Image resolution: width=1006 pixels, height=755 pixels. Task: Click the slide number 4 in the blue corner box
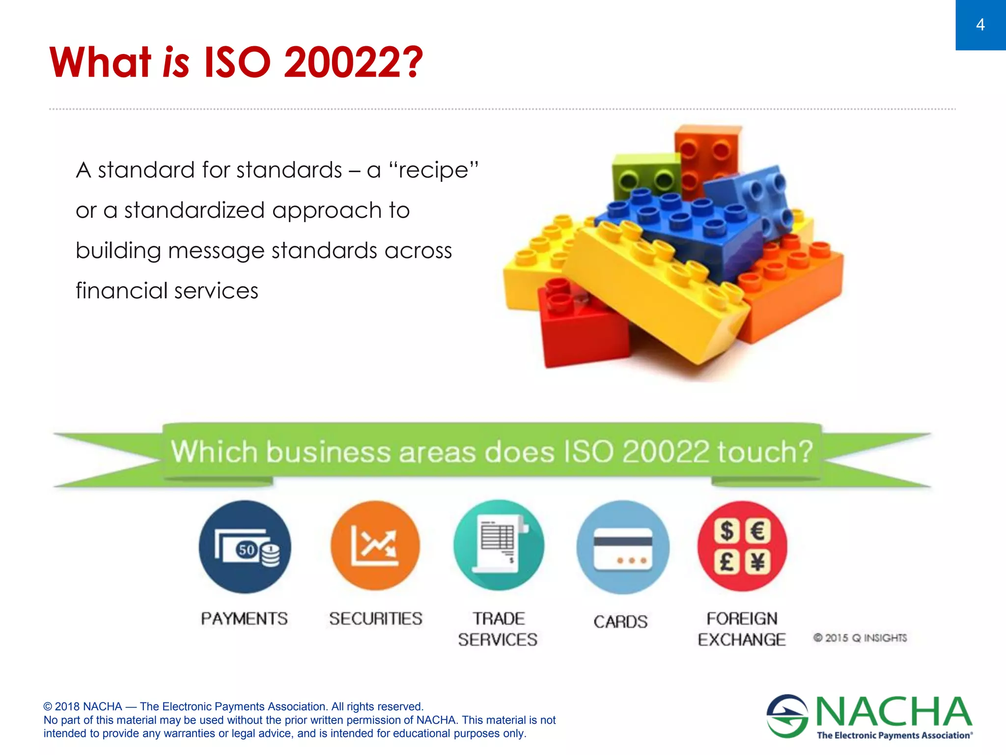tap(980, 25)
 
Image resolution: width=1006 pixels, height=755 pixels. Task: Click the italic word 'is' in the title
tap(176, 62)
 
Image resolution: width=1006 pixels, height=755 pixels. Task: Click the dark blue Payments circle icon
tap(245, 547)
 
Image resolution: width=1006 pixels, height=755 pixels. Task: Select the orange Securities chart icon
tap(375, 546)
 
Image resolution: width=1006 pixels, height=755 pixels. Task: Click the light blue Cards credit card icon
tap(622, 547)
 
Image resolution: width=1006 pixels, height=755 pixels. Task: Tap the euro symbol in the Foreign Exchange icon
tap(758, 531)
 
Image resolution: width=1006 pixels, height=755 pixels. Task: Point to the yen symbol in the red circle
tap(758, 562)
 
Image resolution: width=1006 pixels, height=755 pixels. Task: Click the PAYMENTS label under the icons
tap(244, 618)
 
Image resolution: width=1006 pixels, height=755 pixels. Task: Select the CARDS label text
tap(620, 622)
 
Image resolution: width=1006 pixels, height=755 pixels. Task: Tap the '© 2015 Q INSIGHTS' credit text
tap(860, 638)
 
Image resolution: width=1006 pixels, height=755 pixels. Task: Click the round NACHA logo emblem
tap(787, 716)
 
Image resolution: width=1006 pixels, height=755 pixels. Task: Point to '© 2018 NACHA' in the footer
tap(83, 706)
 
